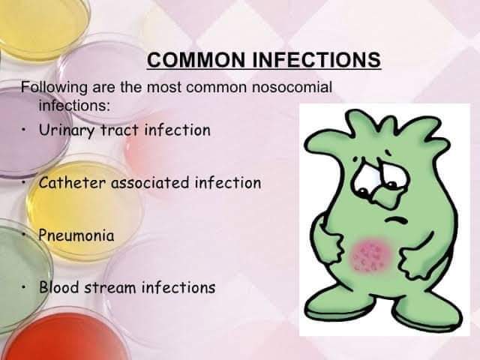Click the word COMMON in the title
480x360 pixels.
[x=196, y=59]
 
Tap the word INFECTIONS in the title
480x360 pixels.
[x=316, y=59]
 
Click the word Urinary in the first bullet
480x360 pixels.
[x=67, y=130]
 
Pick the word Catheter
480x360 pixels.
[x=72, y=183]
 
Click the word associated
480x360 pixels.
[x=150, y=183]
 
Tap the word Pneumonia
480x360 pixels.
[x=76, y=235]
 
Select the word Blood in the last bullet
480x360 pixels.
[x=58, y=287]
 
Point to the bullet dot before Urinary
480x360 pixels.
[x=23, y=130]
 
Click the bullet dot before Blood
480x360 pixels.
[x=23, y=287]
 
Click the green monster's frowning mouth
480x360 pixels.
[x=395, y=220]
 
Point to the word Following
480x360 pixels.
[x=55, y=88]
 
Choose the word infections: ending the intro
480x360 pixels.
[x=74, y=106]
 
